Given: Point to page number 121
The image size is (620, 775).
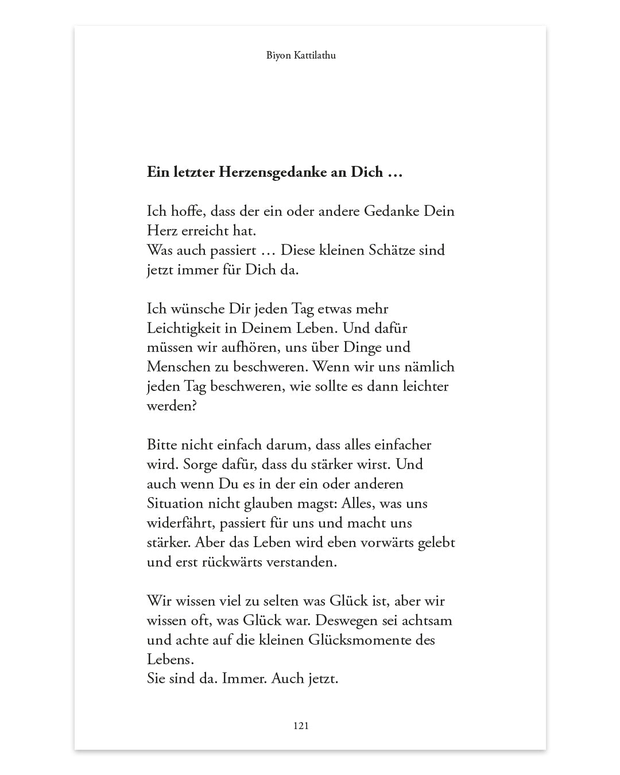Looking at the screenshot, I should (x=301, y=726).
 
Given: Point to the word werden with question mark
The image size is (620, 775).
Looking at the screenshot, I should (x=172, y=406).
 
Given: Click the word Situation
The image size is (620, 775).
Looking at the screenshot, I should (x=175, y=503).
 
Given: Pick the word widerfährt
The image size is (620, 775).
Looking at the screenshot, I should (x=175, y=523).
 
